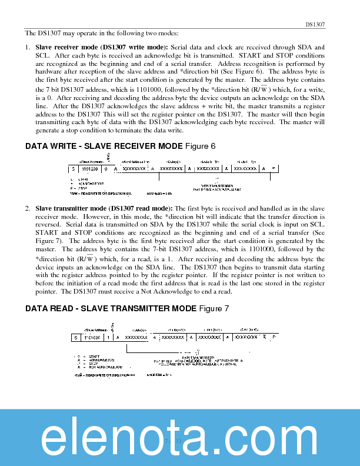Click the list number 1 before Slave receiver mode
(27, 46)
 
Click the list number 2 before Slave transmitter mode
(27, 208)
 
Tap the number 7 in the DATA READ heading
(226, 308)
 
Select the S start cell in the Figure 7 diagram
(76, 338)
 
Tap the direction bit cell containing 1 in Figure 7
(108, 338)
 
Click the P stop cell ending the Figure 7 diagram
(274, 338)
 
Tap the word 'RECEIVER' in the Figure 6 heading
(131, 146)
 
